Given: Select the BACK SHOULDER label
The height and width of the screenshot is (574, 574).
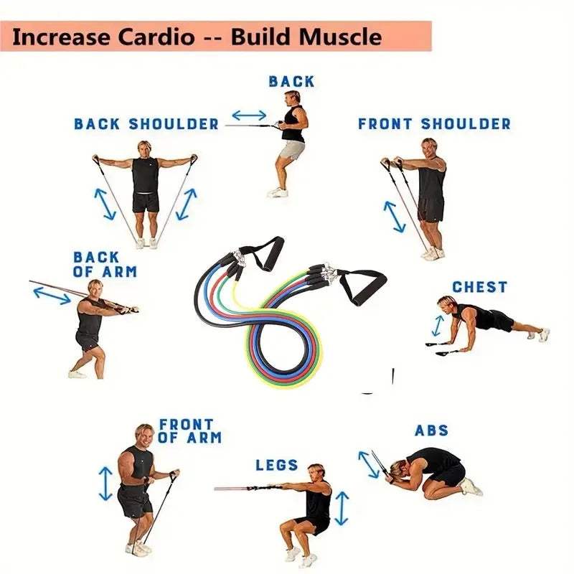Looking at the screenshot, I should [x=146, y=124].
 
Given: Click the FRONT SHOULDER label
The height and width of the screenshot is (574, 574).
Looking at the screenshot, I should [x=434, y=124].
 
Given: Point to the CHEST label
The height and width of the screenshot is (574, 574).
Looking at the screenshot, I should [x=479, y=287].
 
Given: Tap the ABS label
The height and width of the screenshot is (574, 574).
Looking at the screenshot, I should [x=431, y=430].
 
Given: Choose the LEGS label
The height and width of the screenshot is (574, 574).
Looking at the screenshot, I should [x=277, y=465].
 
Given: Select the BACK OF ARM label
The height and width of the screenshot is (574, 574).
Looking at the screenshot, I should [x=105, y=264].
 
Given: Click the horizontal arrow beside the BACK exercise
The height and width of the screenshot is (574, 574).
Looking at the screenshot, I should [x=249, y=115].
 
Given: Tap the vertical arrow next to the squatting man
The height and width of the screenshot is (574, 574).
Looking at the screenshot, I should [x=342, y=508].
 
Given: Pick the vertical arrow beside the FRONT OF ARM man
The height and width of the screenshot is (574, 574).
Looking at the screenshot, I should [x=106, y=483].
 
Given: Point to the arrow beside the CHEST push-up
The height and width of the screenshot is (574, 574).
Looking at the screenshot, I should [x=438, y=324].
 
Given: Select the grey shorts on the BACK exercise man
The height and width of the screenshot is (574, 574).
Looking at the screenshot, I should [x=292, y=150].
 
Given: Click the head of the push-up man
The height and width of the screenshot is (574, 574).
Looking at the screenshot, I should [x=446, y=304].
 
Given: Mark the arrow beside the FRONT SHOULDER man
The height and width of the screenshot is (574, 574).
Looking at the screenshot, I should [x=394, y=215].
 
